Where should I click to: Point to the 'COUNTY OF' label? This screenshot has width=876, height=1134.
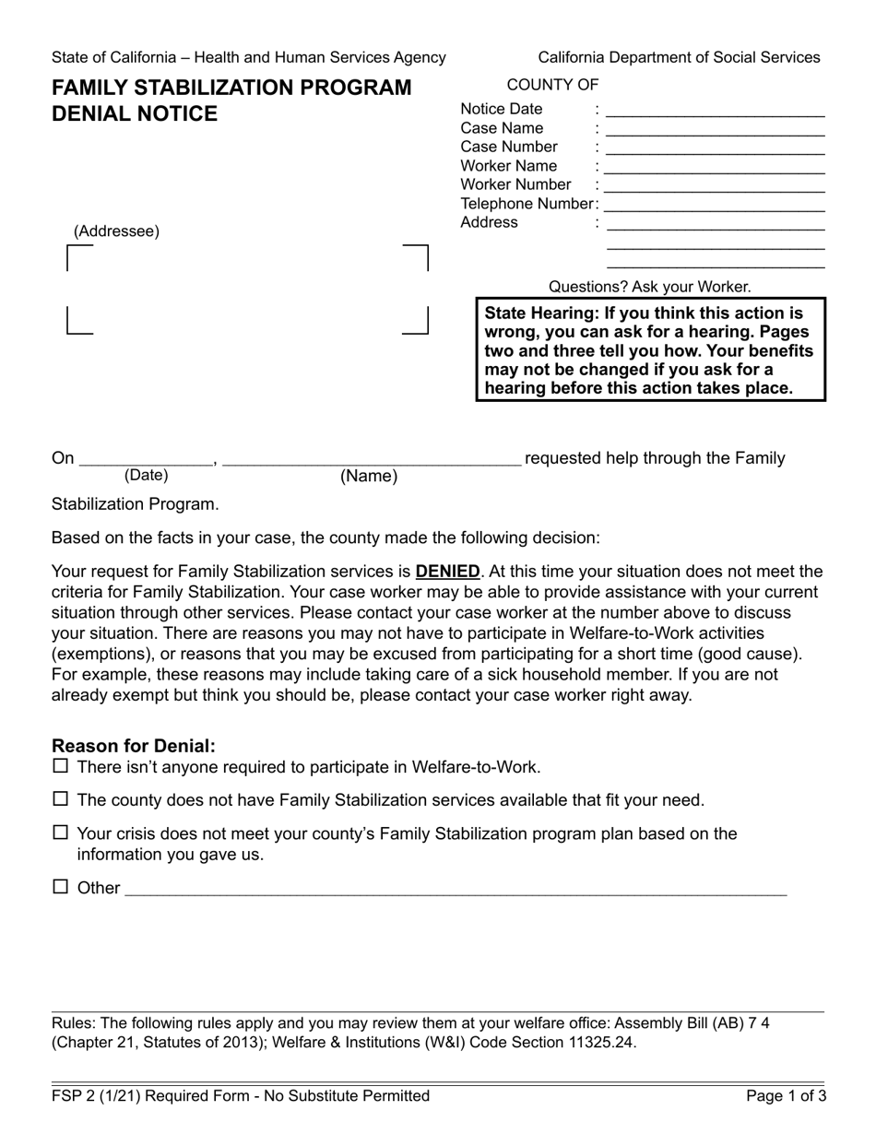pos(552,85)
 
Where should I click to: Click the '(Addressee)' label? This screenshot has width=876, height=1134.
pos(116,231)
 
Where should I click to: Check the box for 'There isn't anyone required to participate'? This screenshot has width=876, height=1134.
pos(61,766)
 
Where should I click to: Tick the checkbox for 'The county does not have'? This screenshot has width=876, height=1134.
pos(61,799)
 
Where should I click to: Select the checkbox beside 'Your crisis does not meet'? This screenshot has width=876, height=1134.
pos(61,833)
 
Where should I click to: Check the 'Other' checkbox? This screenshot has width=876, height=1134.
pos(61,887)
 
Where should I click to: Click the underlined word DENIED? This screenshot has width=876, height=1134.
pos(447,572)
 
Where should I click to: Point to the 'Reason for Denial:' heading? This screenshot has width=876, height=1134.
pos(134,746)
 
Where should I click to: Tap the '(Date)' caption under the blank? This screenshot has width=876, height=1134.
pos(147,476)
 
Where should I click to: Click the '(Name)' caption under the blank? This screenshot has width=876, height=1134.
pos(369,477)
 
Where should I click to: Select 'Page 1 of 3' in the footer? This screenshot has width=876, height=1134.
pos(786,1096)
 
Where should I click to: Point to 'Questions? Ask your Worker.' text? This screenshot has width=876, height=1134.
pos(649,287)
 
